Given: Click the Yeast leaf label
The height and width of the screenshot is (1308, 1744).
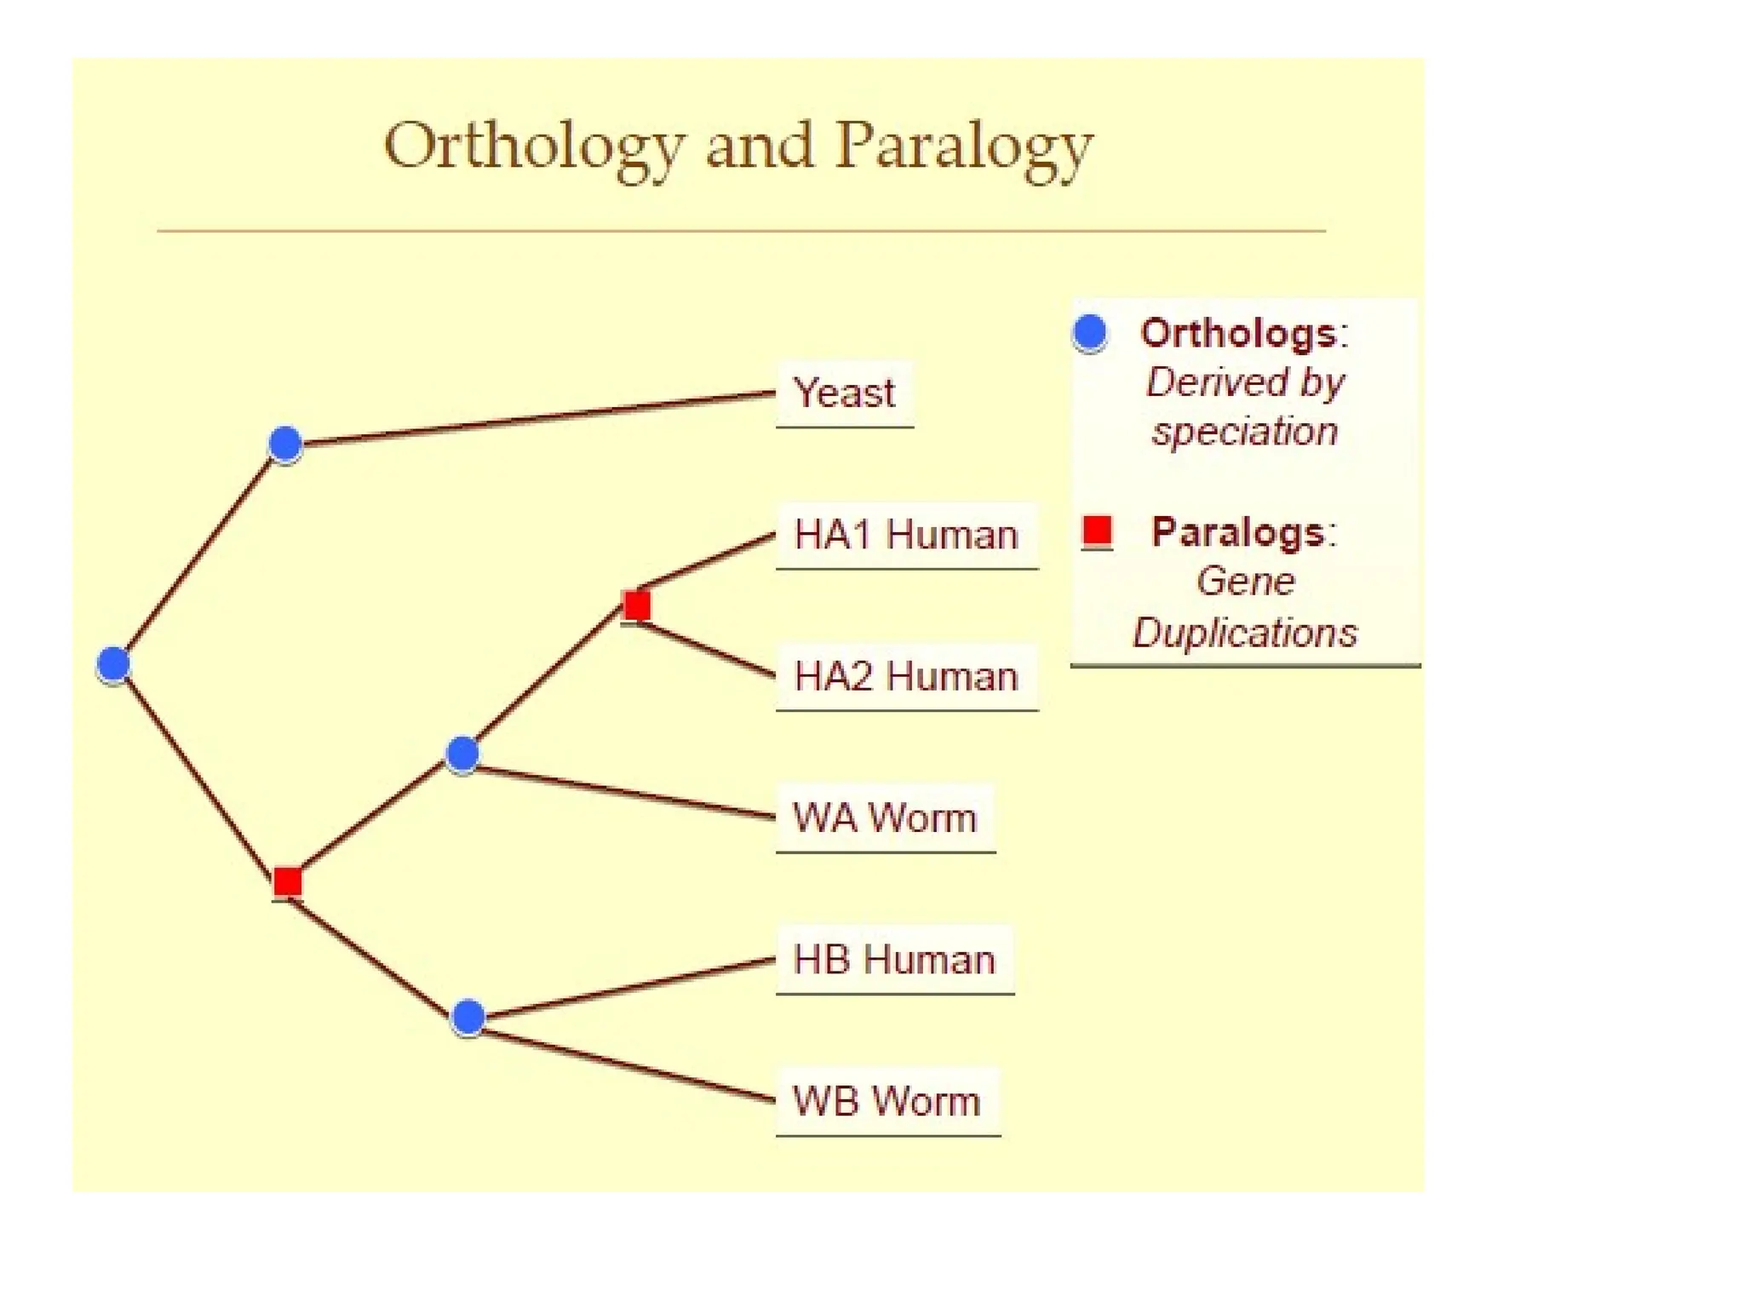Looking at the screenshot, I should click(843, 393).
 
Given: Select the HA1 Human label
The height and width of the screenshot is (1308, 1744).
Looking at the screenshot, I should click(906, 535).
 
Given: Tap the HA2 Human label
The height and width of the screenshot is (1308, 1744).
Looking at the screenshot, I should click(906, 677).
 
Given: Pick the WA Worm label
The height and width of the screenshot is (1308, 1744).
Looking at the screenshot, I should click(885, 817).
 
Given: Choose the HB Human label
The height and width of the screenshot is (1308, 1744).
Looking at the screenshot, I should click(894, 960).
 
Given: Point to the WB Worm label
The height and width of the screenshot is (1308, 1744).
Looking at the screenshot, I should click(886, 1101).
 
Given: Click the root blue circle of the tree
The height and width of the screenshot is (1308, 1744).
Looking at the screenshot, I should click(113, 664).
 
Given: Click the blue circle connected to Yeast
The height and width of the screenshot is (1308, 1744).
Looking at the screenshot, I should click(285, 444).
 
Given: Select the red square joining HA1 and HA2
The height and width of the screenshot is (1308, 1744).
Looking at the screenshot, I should click(637, 605).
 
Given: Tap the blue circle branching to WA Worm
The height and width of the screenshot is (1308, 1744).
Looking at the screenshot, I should click(462, 754).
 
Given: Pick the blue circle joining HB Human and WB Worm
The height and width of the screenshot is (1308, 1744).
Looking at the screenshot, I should click(468, 1017).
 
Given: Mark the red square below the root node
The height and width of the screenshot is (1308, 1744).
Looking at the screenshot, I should click(288, 881).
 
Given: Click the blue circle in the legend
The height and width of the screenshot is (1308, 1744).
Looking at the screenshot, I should click(1090, 332).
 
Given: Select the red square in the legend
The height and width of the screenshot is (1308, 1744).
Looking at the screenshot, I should click(1097, 531).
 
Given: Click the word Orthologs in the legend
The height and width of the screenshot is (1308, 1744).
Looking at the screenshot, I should click(1239, 333).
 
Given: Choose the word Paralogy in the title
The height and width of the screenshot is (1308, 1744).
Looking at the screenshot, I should click(963, 146).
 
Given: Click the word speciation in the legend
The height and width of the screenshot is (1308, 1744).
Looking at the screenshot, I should click(1245, 432).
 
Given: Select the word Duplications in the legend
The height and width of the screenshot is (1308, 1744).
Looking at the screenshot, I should click(1245, 633).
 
